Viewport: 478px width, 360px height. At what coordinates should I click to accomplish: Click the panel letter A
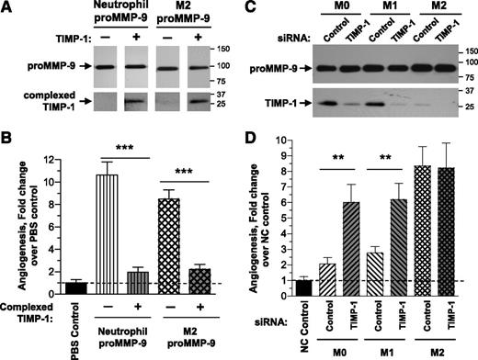pos(7,8)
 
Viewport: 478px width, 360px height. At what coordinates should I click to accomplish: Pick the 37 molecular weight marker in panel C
pos(465,91)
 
